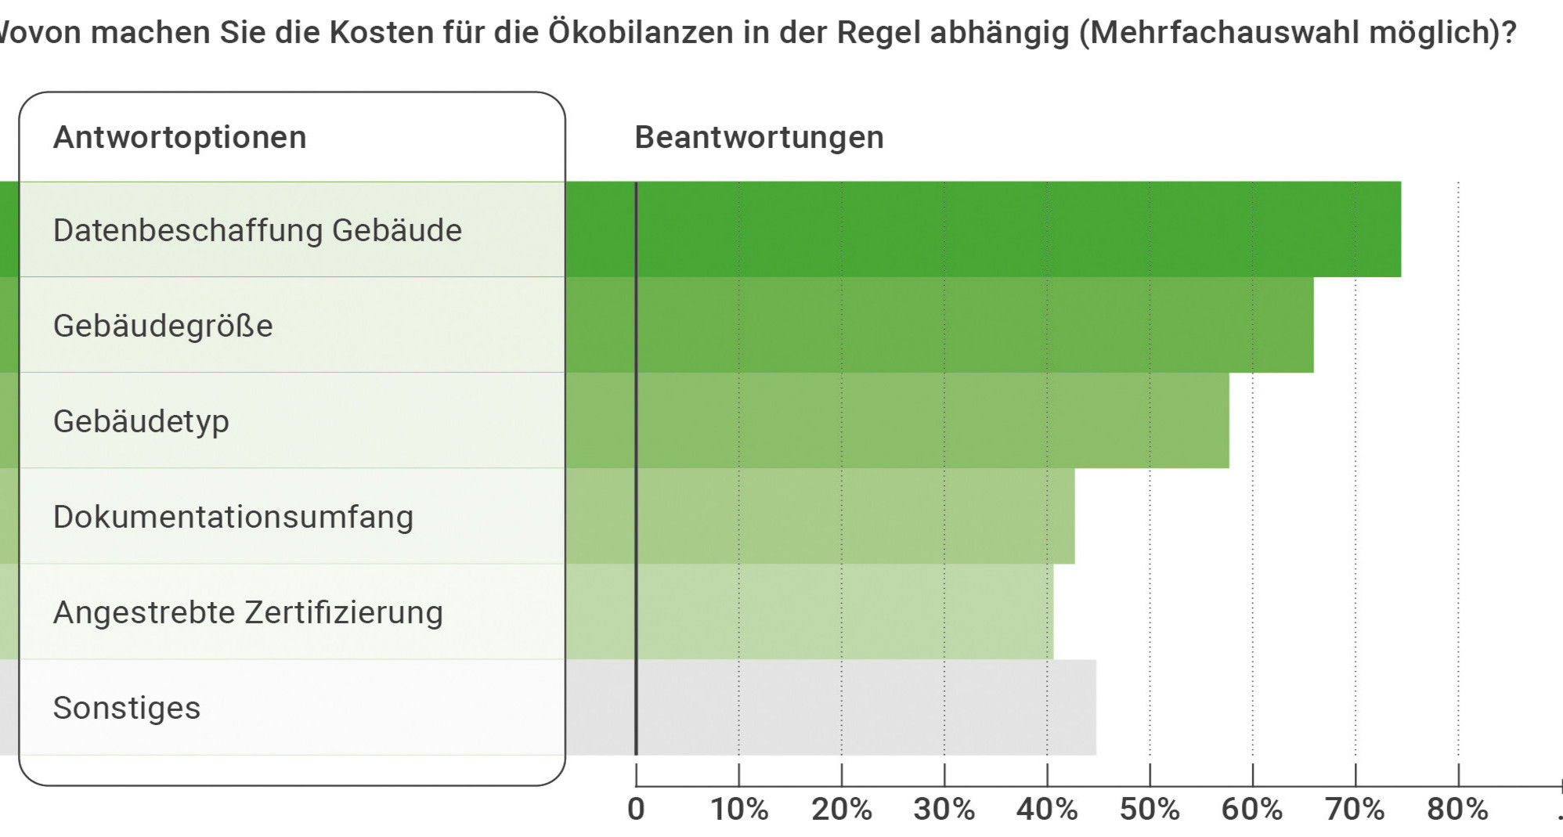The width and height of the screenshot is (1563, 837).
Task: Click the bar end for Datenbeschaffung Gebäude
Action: click(1397, 229)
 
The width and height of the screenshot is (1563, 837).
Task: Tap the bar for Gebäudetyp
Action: click(932, 420)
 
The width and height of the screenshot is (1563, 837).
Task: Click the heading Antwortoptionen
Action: click(179, 137)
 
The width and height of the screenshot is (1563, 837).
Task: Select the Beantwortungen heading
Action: click(759, 137)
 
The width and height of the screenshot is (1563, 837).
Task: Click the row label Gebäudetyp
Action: click(141, 421)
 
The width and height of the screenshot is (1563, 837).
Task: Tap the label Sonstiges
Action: click(127, 708)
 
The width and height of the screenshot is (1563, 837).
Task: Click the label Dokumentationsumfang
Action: click(233, 517)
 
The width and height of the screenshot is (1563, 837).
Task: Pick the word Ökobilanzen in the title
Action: click(641, 32)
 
